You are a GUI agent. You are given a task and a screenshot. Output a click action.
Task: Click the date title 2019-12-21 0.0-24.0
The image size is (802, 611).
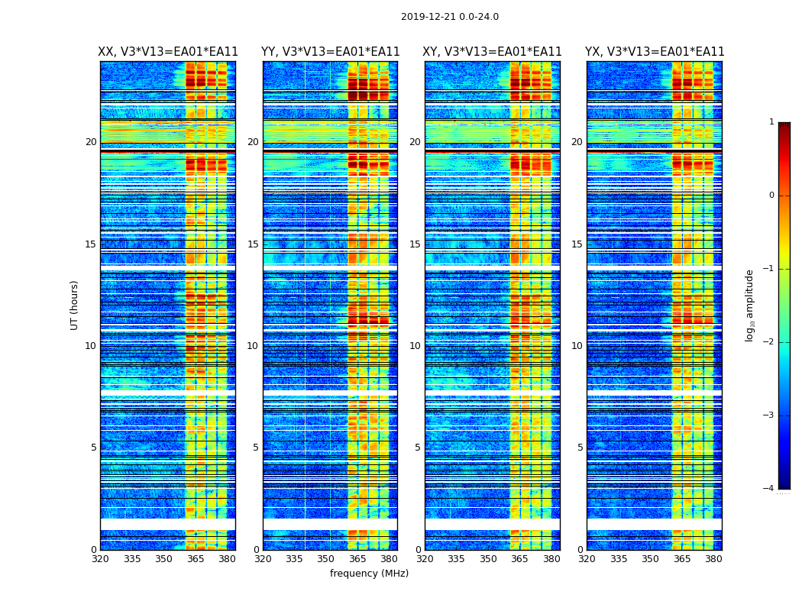click(x=450, y=17)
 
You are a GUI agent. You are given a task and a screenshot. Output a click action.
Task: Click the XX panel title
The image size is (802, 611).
click(x=168, y=52)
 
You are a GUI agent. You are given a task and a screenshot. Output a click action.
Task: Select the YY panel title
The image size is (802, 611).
click(x=330, y=52)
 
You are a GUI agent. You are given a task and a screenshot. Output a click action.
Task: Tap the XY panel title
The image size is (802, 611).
click(x=493, y=52)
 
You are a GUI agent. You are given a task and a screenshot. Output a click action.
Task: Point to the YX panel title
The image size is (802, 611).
click(x=655, y=52)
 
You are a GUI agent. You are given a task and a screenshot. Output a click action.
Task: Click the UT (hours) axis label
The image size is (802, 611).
click(x=75, y=305)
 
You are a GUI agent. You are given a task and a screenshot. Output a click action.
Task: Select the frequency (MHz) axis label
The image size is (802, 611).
click(x=369, y=574)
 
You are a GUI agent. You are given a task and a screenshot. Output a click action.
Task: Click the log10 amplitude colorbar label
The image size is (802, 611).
click(x=750, y=305)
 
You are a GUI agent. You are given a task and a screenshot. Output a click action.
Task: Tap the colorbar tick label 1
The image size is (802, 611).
click(x=771, y=122)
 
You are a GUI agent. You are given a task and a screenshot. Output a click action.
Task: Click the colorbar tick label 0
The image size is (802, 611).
click(x=771, y=196)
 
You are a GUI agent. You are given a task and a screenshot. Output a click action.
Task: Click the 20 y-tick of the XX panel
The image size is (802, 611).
click(x=91, y=142)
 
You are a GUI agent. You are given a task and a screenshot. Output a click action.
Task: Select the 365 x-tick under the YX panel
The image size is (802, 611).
click(x=682, y=559)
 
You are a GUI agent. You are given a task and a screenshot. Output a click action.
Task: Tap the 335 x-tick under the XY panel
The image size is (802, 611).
click(x=457, y=559)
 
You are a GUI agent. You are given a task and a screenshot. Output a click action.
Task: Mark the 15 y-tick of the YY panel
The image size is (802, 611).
click(x=253, y=244)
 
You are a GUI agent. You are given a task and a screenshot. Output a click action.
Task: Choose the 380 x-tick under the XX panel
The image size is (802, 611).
click(x=227, y=559)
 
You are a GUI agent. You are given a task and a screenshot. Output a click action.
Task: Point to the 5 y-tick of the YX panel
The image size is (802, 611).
click(x=580, y=448)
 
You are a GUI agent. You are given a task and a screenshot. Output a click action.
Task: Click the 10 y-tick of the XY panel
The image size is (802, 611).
click(x=415, y=346)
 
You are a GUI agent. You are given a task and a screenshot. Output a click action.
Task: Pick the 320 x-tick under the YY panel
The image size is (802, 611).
click(x=263, y=559)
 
